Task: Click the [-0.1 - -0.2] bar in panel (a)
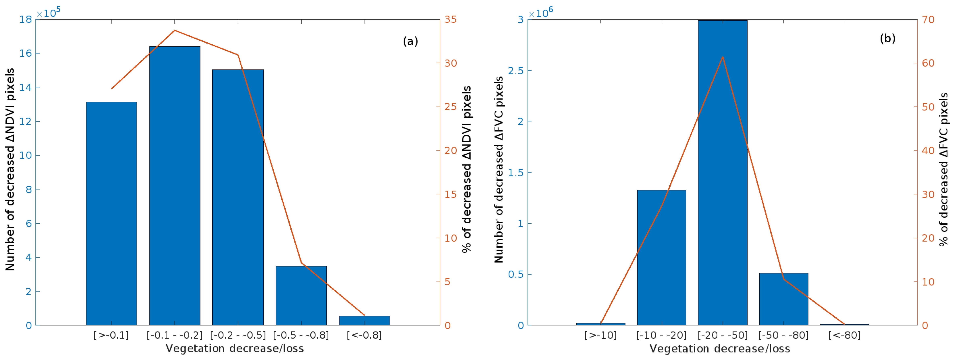pos(175,185)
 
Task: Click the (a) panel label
pos(410,41)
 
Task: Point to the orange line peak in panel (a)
pos(175,30)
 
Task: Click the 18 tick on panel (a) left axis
pos(26,19)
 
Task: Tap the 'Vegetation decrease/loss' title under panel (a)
pos(235,348)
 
